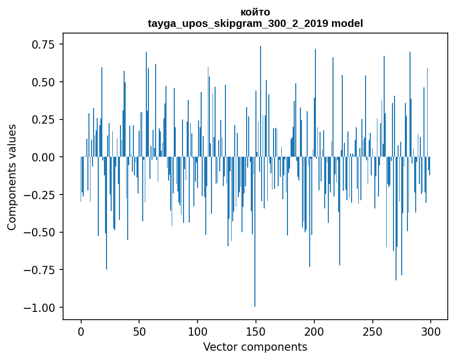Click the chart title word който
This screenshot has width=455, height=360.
(255, 12)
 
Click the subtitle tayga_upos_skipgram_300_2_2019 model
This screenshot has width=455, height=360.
(255, 23)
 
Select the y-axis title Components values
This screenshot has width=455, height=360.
(11, 177)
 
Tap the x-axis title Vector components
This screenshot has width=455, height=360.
(255, 347)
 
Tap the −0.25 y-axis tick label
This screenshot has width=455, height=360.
(39, 195)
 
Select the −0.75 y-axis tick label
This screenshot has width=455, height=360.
(39, 270)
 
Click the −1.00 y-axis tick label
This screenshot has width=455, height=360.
(39, 308)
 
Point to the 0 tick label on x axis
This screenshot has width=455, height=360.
(81, 332)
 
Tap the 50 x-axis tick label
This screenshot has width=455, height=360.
(139, 332)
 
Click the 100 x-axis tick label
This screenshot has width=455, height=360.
(198, 332)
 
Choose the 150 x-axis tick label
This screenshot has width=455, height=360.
(255, 332)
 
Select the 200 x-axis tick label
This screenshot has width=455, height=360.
(314, 332)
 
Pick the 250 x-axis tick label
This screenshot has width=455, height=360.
(372, 332)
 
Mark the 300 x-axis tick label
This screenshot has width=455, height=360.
(430, 332)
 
